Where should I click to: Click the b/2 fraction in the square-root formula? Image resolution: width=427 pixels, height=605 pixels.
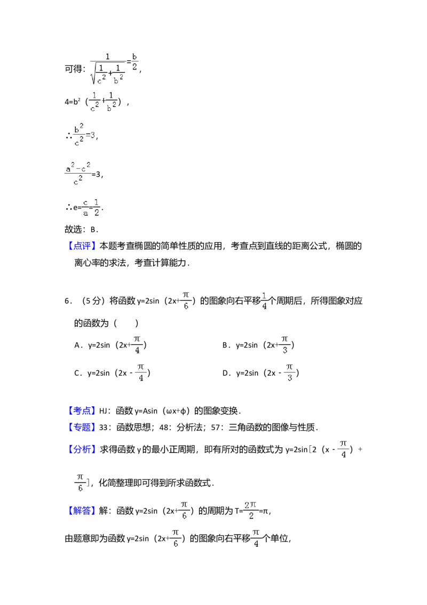pyautogui.click(x=135, y=63)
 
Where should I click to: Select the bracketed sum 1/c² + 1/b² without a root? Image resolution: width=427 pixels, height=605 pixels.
pyautogui.click(x=102, y=103)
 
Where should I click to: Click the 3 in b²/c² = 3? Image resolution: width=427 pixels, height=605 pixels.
pyautogui.click(x=92, y=135)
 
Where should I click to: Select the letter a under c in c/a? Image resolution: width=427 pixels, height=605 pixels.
pyautogui.click(x=85, y=213)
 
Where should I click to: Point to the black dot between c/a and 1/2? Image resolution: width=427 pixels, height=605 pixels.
pyautogui.click(x=91, y=207)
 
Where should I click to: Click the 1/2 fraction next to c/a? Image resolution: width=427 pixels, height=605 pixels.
pyautogui.click(x=96, y=207)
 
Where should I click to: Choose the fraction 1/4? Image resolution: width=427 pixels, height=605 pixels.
pyautogui.click(x=264, y=299)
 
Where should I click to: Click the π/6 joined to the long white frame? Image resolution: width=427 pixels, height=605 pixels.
pyautogui.click(x=185, y=299)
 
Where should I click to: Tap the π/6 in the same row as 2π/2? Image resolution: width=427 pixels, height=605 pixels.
pyautogui.click(x=184, y=510)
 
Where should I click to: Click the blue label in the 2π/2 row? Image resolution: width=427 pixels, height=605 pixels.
pyautogui.click(x=82, y=511)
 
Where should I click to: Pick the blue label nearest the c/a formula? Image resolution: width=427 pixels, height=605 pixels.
pyautogui.click(x=83, y=246)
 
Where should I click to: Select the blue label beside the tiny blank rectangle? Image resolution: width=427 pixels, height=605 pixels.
pyautogui.click(x=82, y=411)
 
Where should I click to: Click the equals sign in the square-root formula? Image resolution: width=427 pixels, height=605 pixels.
pyautogui.click(x=129, y=62)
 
